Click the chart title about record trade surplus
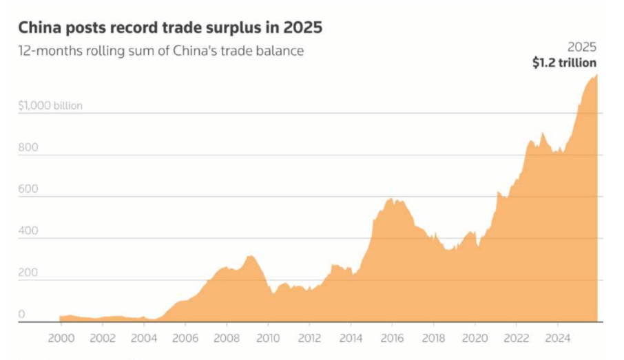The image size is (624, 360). point(170,28)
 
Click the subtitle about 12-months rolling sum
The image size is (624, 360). point(161,52)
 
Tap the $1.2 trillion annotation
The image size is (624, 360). point(564,63)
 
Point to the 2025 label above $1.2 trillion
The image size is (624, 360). point(581,47)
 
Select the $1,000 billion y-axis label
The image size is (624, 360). point(50,106)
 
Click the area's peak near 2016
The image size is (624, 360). point(391,200)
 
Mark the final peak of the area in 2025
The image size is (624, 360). point(596,75)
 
